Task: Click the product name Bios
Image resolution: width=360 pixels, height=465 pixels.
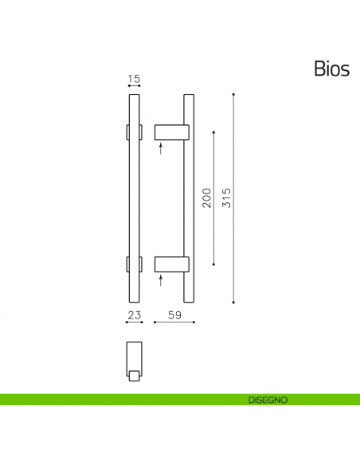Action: [x=331, y=69]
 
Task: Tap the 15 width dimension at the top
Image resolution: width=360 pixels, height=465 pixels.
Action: [x=134, y=79]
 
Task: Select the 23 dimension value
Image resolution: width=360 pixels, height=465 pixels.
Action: [x=134, y=316]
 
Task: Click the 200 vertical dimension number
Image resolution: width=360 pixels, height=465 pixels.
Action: [x=206, y=197]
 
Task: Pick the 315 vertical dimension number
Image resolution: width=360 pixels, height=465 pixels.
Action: [x=226, y=197]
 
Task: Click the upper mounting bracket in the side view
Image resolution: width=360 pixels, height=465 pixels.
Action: [x=170, y=131]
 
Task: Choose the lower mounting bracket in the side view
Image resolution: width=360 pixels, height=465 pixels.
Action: [x=170, y=264]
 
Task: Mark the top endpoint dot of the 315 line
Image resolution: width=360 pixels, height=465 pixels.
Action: [x=233, y=94]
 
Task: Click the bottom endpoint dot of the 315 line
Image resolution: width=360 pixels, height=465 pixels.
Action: [x=233, y=303]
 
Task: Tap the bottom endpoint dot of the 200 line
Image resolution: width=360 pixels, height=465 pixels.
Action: [x=213, y=264]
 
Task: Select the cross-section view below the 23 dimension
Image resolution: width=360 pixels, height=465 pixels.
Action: [x=134, y=358]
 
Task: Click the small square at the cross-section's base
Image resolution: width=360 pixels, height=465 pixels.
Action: [x=135, y=375]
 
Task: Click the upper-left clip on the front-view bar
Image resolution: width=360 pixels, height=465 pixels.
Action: [x=127, y=131]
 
